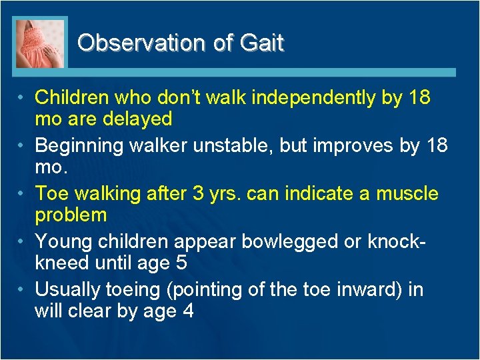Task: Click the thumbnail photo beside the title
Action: click(x=40, y=43)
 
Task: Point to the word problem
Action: click(x=71, y=215)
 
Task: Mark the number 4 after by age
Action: click(x=187, y=311)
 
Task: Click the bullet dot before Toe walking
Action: click(x=22, y=194)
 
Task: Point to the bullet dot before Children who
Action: click(x=22, y=98)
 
